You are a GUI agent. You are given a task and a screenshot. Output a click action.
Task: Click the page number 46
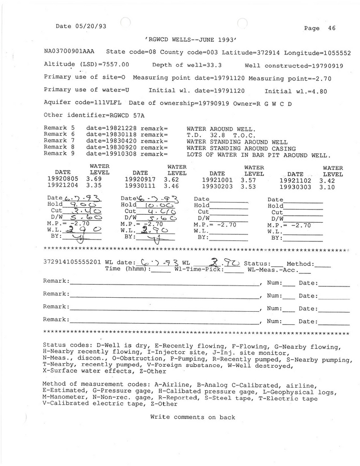332,28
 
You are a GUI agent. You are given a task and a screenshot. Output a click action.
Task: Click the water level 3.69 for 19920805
94,179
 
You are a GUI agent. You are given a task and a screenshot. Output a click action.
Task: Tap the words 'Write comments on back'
193,417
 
